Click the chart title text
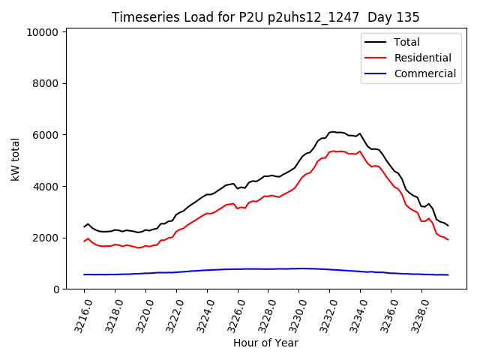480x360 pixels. tap(265, 17)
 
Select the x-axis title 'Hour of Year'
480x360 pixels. tap(265, 343)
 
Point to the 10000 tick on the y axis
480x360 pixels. tap(43, 32)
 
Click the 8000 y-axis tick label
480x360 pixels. tap(46, 84)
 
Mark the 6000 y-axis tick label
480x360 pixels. tap(46, 135)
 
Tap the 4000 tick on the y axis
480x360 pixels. tap(46, 187)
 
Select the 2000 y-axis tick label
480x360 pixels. tap(46, 238)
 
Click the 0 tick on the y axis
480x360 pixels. tap(56, 289)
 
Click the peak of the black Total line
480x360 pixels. tap(332, 131)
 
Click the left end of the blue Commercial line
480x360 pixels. tap(84, 274)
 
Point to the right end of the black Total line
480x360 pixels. tap(448, 225)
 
